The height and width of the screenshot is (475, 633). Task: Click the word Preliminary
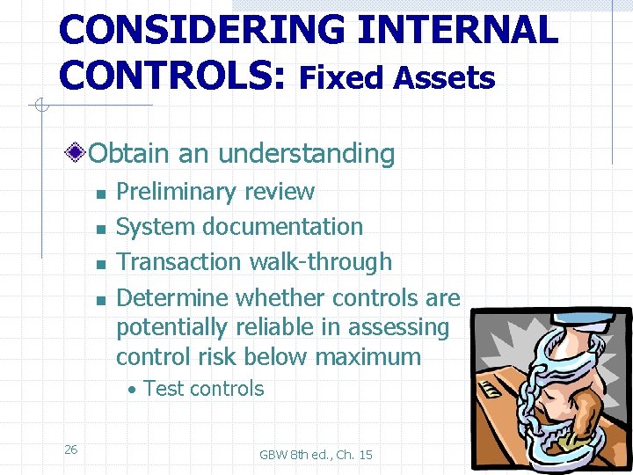coord(178,192)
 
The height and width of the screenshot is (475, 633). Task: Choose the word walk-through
coord(321,262)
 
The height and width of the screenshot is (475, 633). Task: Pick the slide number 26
coord(71,449)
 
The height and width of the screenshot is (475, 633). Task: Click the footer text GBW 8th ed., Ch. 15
coord(316,455)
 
